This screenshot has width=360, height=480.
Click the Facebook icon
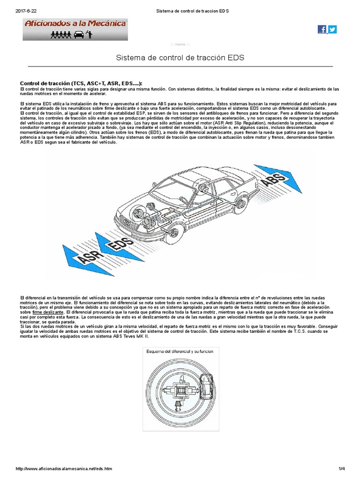point(322,29)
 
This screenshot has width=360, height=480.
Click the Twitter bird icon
point(332,29)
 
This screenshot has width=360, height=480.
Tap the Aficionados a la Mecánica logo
point(75,30)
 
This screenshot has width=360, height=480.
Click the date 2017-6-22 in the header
point(26,11)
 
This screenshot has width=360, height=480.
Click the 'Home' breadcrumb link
point(180,45)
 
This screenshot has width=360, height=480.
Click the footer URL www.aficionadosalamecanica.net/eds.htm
point(64,469)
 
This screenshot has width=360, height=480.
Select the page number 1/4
point(341,469)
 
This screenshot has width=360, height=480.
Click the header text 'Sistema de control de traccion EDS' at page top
point(194,11)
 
